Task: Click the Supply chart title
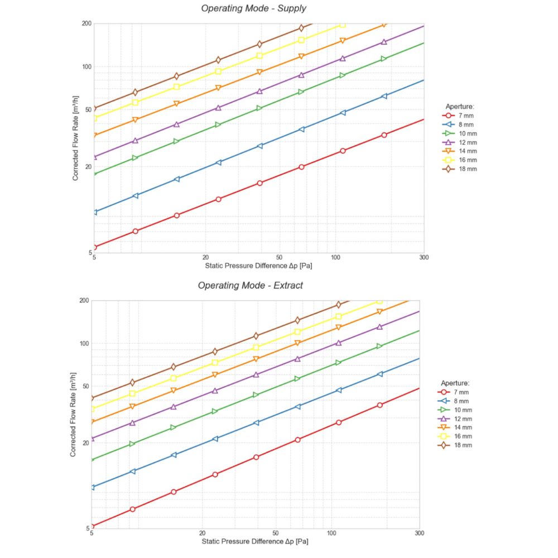click(254, 8)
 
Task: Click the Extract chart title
click(251, 286)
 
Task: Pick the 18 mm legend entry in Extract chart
click(460, 445)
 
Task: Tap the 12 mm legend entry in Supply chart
click(465, 142)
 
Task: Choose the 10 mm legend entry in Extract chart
click(460, 410)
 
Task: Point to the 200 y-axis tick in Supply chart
click(86, 23)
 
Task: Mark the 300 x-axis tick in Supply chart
click(424, 258)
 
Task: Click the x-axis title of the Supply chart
click(258, 266)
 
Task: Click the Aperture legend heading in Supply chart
click(460, 106)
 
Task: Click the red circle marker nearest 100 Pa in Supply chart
click(343, 151)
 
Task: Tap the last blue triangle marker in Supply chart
click(384, 96)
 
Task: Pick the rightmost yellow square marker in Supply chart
click(343, 25)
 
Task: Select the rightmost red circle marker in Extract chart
click(379, 405)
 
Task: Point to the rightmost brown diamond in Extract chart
click(338, 305)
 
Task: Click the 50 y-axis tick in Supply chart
click(86, 110)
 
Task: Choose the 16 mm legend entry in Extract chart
click(460, 436)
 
